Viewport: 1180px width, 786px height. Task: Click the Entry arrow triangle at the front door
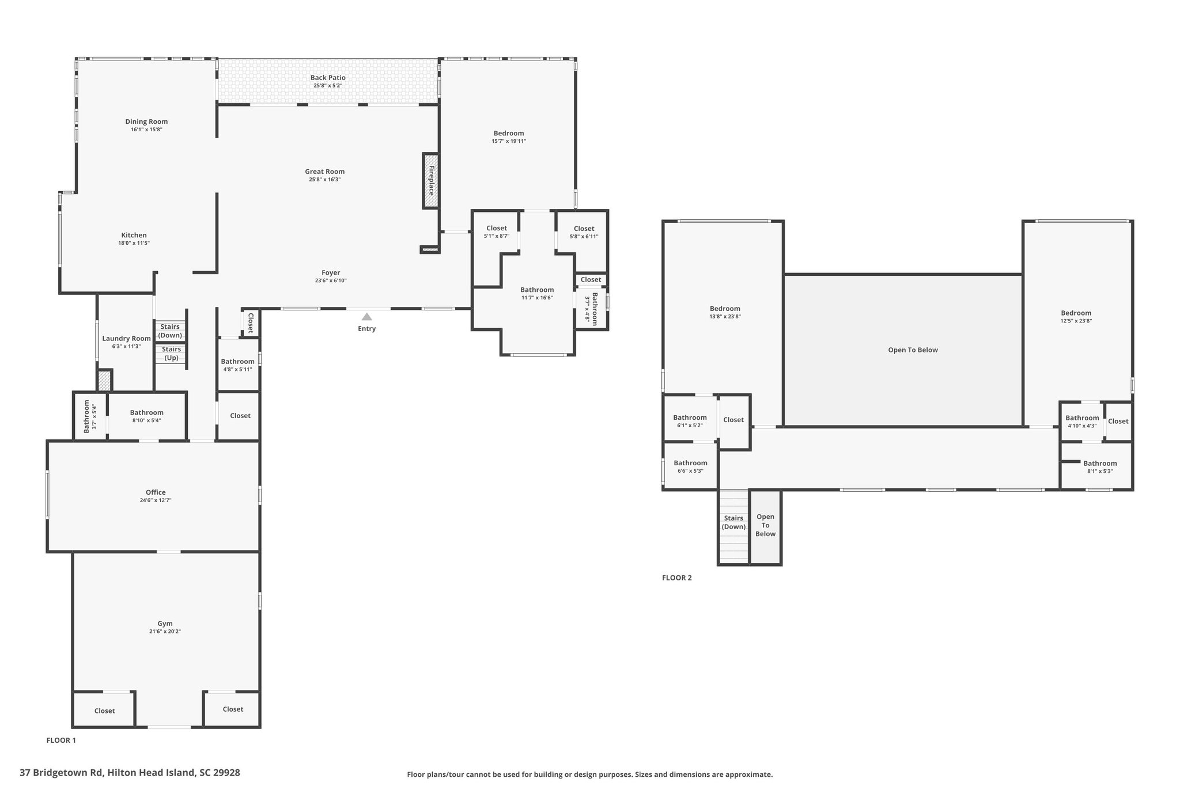366,317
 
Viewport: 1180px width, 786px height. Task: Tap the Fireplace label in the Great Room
431,180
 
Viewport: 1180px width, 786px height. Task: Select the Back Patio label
328,78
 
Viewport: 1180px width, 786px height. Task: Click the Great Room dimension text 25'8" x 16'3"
324,180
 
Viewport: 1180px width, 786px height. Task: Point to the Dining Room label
146,121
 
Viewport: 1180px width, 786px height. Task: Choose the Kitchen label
134,235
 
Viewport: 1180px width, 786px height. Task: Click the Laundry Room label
126,339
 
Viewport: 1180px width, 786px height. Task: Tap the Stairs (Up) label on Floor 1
172,354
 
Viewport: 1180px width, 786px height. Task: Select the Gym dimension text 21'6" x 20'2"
165,632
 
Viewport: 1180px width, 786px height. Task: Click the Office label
156,492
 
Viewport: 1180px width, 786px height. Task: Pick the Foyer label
331,273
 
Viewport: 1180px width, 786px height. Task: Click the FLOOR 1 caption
61,741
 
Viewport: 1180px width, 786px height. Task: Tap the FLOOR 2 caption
677,578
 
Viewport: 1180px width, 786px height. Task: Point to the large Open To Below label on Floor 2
913,350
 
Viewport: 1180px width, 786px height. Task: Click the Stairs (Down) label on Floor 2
733,522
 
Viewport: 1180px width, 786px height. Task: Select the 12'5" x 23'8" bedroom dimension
1076,321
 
